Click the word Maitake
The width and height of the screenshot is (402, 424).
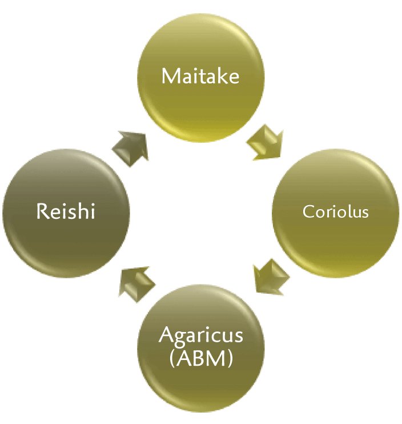point(200,76)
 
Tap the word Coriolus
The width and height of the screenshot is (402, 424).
point(336,212)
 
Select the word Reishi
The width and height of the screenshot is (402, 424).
point(65,212)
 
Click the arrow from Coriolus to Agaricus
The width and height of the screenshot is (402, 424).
point(270,277)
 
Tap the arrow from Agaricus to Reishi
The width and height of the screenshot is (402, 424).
point(135,281)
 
